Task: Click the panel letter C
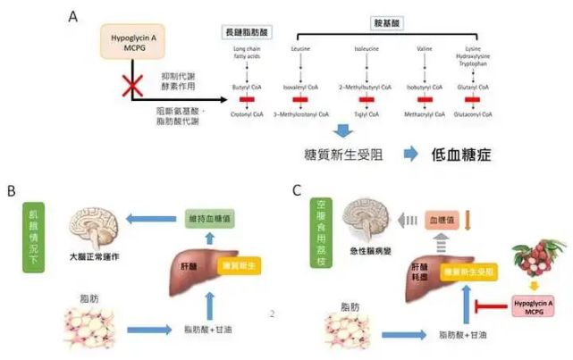pos(296,190)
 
